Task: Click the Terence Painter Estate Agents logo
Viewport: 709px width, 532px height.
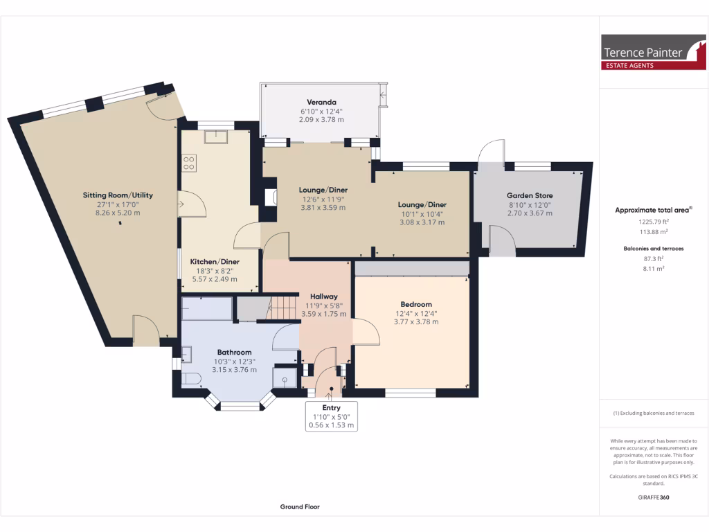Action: tap(653, 53)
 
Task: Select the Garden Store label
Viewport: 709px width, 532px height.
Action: tap(530, 195)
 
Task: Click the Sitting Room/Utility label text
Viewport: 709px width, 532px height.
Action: tap(123, 195)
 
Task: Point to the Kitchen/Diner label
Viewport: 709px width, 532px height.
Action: tap(215, 262)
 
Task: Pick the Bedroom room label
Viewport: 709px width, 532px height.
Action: tap(415, 304)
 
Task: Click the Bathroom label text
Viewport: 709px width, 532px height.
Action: tap(234, 352)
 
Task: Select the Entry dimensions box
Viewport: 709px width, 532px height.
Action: tap(332, 416)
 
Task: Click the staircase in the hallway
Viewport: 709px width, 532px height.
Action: tap(282, 307)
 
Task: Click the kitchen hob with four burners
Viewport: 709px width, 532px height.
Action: tap(188, 163)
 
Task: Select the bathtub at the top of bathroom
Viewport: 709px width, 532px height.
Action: tap(206, 309)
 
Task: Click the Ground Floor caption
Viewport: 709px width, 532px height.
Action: tap(300, 507)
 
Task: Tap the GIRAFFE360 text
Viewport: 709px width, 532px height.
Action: tap(653, 497)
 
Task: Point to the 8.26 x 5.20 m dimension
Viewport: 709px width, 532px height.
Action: tap(123, 213)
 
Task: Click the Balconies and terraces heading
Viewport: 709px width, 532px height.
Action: tap(654, 248)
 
